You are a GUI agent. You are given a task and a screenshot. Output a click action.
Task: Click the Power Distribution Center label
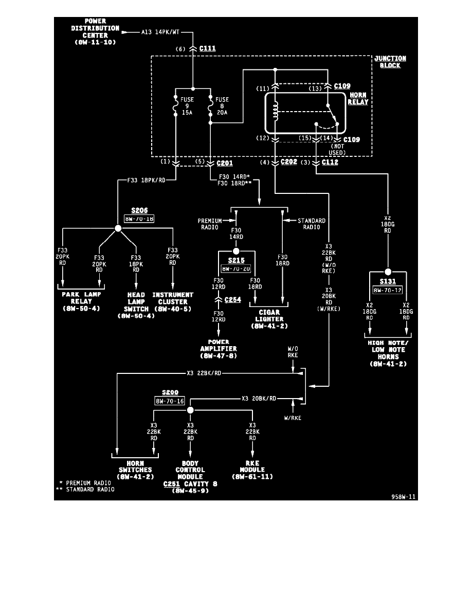coord(95,32)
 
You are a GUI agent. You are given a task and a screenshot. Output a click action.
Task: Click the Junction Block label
coord(390,62)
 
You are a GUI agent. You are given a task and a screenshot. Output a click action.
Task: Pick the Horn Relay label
coord(358,99)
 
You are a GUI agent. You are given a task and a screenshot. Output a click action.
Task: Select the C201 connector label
coord(225,163)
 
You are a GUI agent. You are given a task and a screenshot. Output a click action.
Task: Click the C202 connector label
coord(289,163)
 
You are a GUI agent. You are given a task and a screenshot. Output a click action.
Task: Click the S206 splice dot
coord(118,229)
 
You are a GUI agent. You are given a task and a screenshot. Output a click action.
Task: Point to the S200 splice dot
coord(190,410)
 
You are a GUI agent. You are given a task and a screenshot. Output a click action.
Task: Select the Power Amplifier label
coord(219,349)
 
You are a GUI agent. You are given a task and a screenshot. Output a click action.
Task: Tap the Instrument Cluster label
coord(173,302)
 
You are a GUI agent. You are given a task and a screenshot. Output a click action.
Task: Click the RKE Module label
coord(252,473)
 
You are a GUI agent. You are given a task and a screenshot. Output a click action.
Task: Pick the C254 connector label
coord(232,299)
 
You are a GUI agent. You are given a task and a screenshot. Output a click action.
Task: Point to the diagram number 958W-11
coord(403,497)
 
